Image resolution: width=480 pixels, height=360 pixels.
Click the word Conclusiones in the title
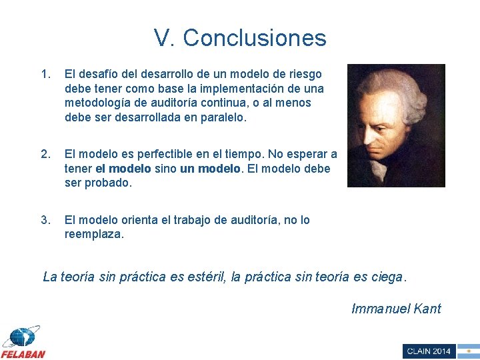click(x=255, y=38)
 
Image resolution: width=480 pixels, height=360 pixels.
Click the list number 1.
click(x=45, y=74)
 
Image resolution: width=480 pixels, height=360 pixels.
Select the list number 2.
click(x=45, y=155)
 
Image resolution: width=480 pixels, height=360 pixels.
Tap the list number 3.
click(x=45, y=220)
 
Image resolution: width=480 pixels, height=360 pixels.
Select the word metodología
click(x=97, y=103)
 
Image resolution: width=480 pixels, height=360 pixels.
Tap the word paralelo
click(x=223, y=118)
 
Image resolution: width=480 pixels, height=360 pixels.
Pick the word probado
click(x=109, y=183)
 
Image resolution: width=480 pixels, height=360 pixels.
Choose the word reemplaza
click(x=93, y=235)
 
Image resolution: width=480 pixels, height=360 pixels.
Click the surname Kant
click(x=427, y=309)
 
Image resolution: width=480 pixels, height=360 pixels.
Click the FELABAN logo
click(x=23, y=343)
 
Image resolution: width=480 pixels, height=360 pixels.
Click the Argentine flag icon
click(x=469, y=351)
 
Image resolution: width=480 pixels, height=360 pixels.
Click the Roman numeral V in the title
click(x=161, y=38)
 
